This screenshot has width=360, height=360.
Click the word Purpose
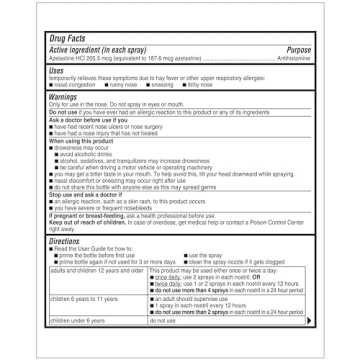298,49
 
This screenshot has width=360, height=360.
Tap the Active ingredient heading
96,49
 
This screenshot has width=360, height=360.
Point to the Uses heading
57,70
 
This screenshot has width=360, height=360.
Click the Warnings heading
64,97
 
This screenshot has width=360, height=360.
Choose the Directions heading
65,242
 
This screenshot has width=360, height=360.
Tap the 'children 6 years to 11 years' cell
82,299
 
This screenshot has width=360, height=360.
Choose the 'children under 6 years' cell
77,321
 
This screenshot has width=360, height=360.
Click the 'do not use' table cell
163,321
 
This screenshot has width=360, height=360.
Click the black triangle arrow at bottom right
308,321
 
